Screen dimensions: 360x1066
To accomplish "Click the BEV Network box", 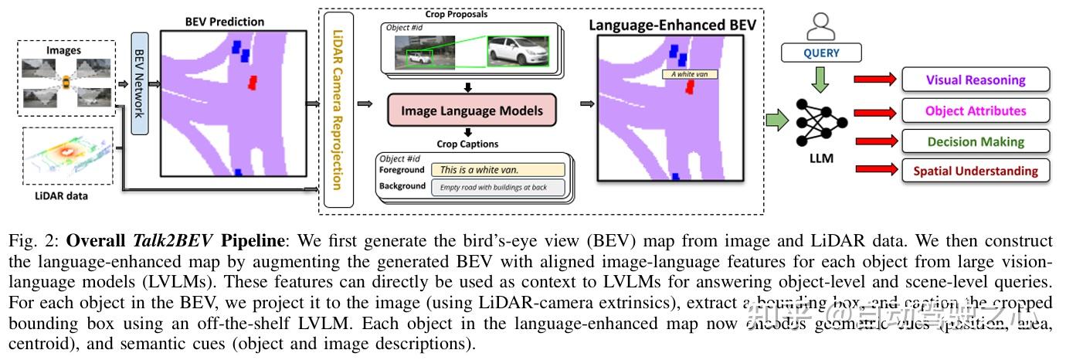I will (x=140, y=83).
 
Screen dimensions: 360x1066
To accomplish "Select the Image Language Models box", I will (x=471, y=110).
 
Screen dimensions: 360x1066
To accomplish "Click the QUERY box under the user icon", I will (x=820, y=53).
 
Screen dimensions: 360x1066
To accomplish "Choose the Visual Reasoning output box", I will (x=975, y=80).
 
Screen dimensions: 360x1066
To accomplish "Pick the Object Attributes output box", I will (x=975, y=110).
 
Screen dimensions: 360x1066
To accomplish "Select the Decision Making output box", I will (x=975, y=141).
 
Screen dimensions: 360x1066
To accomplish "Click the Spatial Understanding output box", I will (x=975, y=171).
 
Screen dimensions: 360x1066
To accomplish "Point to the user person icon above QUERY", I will (x=820, y=25).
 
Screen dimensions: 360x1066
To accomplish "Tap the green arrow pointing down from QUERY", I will (x=820, y=78).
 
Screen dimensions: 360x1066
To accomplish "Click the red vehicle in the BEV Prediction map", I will (x=252, y=82).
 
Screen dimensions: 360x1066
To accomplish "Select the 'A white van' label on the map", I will (x=690, y=74).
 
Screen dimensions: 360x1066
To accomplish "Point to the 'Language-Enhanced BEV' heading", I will (x=672, y=25).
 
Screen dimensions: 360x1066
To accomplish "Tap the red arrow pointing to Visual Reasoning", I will (x=874, y=80).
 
